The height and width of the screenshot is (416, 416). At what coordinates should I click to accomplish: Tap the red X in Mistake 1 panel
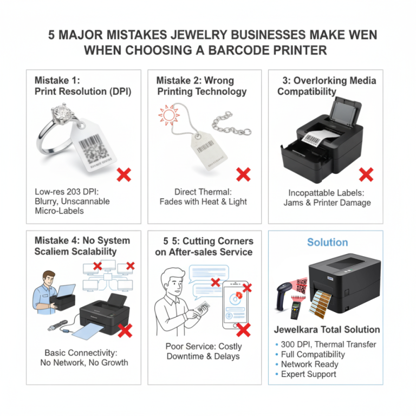tap(125, 174)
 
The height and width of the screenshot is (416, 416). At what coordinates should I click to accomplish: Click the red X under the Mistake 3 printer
tap(366, 174)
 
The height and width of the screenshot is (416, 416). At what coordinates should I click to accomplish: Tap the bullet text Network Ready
tap(309, 365)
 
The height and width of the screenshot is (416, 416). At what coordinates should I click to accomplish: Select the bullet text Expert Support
tap(308, 374)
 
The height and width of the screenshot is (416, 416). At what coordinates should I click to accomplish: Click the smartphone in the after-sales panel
tap(237, 303)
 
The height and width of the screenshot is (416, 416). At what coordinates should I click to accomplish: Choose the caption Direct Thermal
tap(203, 192)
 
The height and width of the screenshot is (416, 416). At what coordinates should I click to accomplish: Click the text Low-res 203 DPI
tap(71, 192)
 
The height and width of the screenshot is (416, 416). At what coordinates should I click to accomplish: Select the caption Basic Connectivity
tap(84, 352)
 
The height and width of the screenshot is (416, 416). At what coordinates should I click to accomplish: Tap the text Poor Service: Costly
tap(204, 346)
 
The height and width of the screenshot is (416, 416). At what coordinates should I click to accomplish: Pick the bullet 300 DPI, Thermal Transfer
tap(328, 344)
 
